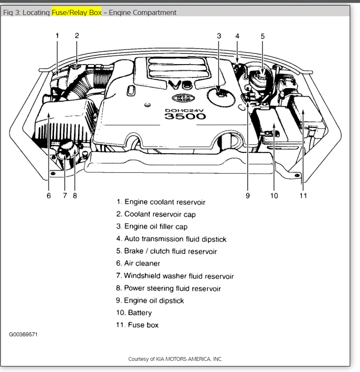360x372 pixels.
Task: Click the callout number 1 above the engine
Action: point(57,36)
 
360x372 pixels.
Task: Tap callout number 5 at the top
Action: point(263,36)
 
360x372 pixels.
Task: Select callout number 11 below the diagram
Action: point(303,196)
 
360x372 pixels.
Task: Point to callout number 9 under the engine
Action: point(248,196)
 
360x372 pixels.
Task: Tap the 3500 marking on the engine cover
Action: point(179,116)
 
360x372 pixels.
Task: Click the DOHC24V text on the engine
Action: point(180,110)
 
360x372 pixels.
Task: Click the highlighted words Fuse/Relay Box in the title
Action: point(77,12)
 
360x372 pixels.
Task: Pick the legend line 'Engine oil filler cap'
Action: point(152,226)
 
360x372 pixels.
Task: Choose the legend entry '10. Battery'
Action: point(134,312)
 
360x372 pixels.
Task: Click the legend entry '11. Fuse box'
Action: point(137,325)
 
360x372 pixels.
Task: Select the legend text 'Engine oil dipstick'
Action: point(150,301)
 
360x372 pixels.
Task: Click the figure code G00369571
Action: point(23,334)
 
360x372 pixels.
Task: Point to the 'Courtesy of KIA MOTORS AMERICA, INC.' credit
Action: point(175,359)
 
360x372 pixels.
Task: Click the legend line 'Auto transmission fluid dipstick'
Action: point(171,239)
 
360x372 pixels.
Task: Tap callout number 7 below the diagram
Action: point(65,196)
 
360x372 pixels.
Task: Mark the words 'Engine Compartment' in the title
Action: point(142,12)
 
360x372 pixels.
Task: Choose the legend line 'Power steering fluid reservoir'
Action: point(168,288)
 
